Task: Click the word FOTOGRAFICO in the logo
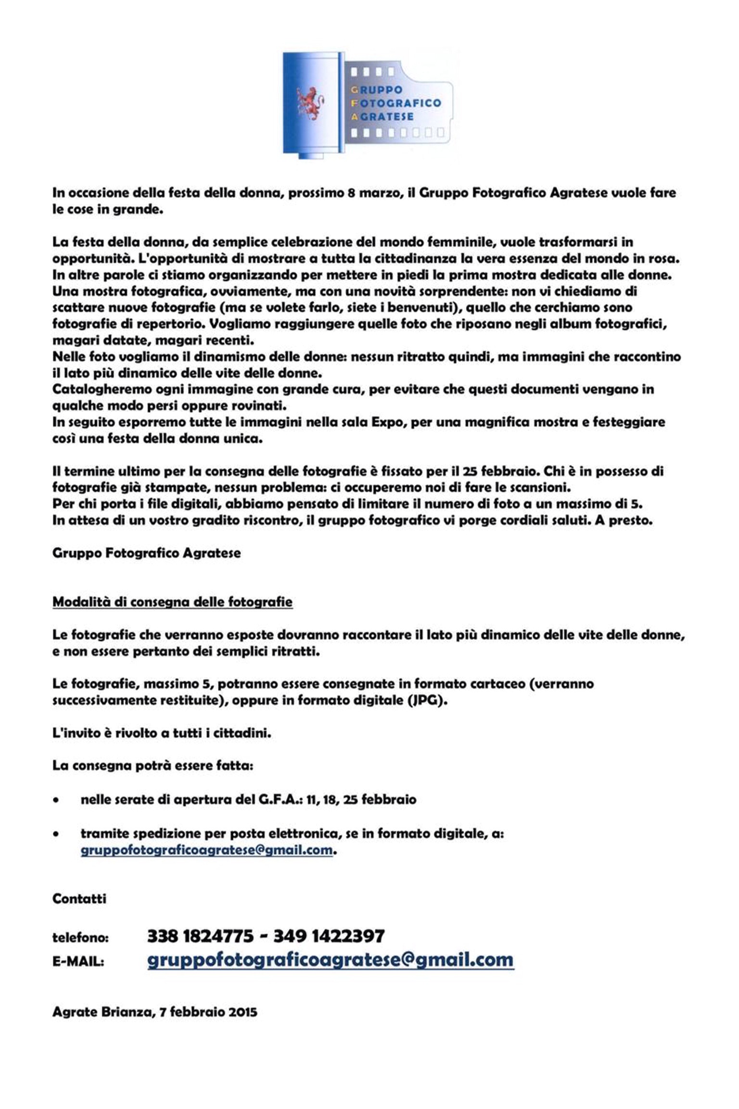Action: pyautogui.click(x=397, y=103)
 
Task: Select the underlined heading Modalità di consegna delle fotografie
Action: pyautogui.click(x=172, y=602)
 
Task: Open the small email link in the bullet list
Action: pyautogui.click(x=207, y=850)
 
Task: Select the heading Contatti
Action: pyautogui.click(x=79, y=898)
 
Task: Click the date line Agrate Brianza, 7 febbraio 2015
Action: pyautogui.click(x=154, y=1012)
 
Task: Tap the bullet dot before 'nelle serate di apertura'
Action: pyautogui.click(x=57, y=801)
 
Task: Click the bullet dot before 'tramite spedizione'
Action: pyautogui.click(x=57, y=834)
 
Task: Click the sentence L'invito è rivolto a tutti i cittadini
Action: pyautogui.click(x=162, y=733)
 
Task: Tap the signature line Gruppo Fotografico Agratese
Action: pyautogui.click(x=146, y=553)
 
